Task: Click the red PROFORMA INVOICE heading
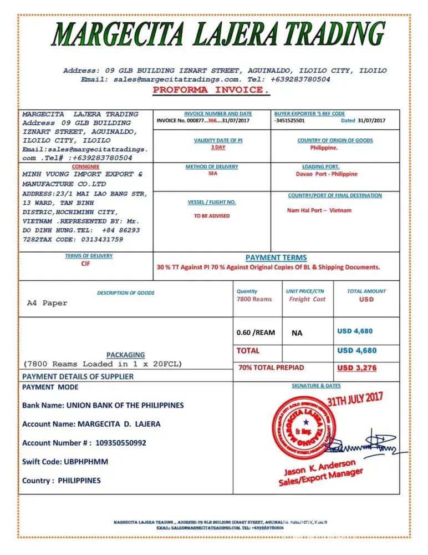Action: coord(211,90)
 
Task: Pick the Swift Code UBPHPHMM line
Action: coord(65,461)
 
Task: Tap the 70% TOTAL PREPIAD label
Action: coord(271,367)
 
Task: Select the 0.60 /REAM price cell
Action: coord(256,332)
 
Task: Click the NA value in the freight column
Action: coord(297,333)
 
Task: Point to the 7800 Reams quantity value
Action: coord(254,299)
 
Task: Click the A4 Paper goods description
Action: coord(47,303)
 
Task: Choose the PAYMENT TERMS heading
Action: coord(276,258)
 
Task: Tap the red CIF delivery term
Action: coord(85,264)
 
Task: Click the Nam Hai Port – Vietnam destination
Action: coord(319,210)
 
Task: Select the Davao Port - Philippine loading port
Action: coord(327,174)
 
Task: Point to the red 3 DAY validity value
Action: coord(218,148)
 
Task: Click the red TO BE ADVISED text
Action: coord(211,216)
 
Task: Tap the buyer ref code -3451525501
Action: coord(289,120)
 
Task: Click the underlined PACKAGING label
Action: coord(125,355)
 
